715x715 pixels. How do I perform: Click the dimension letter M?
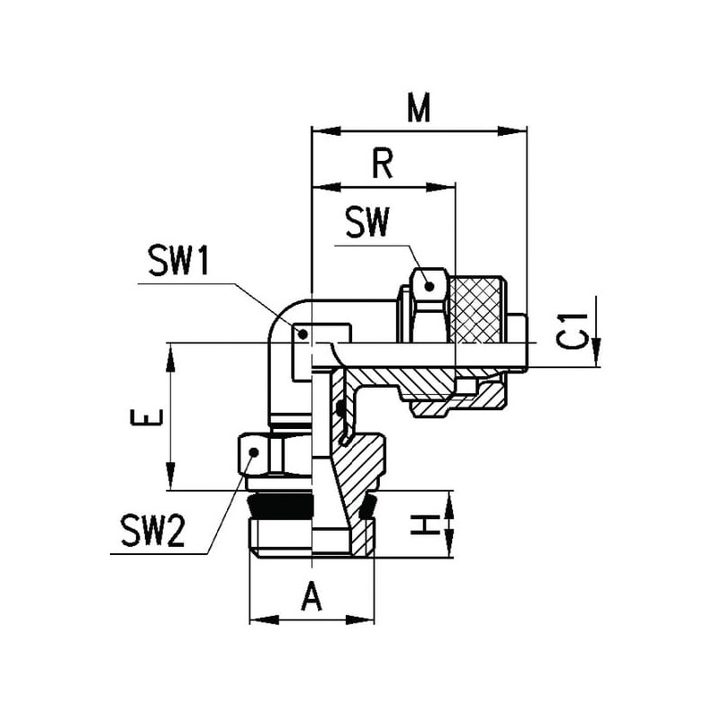[x=416, y=108]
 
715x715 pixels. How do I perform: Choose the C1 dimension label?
[x=578, y=330]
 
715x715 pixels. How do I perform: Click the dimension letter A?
[x=311, y=596]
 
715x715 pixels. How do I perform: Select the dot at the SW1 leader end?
[x=304, y=335]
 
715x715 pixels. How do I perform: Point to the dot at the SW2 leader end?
[x=253, y=454]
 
